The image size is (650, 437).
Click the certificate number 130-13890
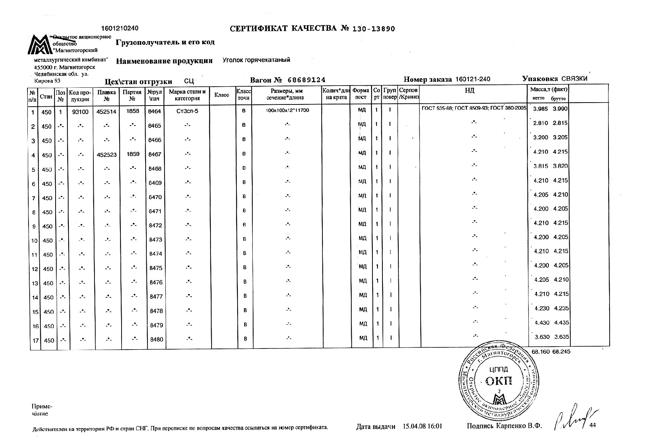pyautogui.click(x=373, y=29)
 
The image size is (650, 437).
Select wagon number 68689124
pyautogui.click(x=306, y=80)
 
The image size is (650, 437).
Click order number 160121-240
pyautogui.click(x=472, y=79)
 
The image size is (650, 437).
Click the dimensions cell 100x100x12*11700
pyautogui.click(x=287, y=111)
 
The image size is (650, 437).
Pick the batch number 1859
pyautogui.click(x=133, y=154)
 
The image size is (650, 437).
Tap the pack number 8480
pyautogui.click(x=156, y=339)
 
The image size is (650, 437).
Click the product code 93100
pyautogui.click(x=80, y=111)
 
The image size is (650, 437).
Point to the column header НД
pyautogui.click(x=470, y=91)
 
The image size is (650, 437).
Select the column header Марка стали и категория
pyautogui.click(x=187, y=95)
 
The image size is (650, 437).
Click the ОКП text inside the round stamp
pyautogui.click(x=498, y=380)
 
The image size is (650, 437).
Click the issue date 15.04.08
pyautogui.click(x=414, y=426)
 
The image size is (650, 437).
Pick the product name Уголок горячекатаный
pyautogui.click(x=256, y=60)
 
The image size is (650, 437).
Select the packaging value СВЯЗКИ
pyautogui.click(x=574, y=79)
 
